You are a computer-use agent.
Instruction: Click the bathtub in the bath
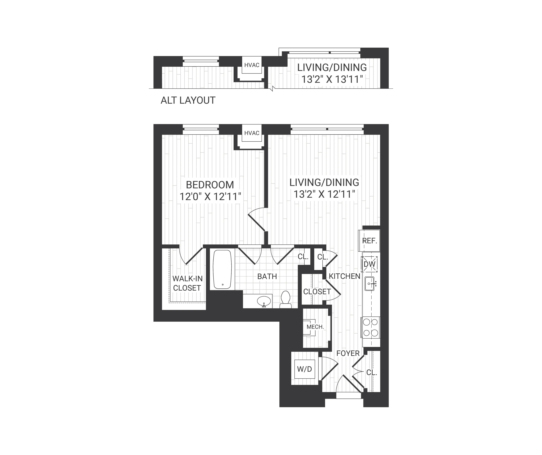click(x=222, y=269)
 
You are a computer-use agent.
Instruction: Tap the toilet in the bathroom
click(x=285, y=300)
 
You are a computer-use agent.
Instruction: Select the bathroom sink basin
click(x=264, y=301)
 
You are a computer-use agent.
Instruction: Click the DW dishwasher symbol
click(x=369, y=264)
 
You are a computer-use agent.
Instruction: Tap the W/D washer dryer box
click(x=305, y=369)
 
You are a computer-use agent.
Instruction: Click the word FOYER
click(x=348, y=353)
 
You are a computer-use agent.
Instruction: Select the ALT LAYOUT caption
click(x=188, y=100)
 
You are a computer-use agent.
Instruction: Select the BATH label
click(x=267, y=276)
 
